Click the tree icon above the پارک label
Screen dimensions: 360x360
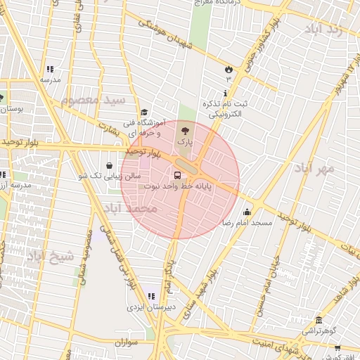coord(185,130)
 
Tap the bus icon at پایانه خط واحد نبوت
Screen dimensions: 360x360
coord(176,176)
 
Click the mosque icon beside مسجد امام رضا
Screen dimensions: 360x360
coord(247,212)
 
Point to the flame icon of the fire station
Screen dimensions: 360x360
coord(229,68)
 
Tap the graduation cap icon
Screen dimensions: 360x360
coord(145,112)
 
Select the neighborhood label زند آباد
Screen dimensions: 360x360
coord(323,30)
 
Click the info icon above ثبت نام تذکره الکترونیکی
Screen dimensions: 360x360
coord(225,94)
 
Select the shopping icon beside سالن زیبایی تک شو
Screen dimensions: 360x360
coord(109,165)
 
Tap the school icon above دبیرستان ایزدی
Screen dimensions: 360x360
coord(150,297)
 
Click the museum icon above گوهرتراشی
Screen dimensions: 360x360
coord(319,321)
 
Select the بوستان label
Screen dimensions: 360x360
coord(13,109)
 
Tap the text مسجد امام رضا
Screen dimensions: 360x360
coord(247,222)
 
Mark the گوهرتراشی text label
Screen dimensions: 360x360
coord(320,330)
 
